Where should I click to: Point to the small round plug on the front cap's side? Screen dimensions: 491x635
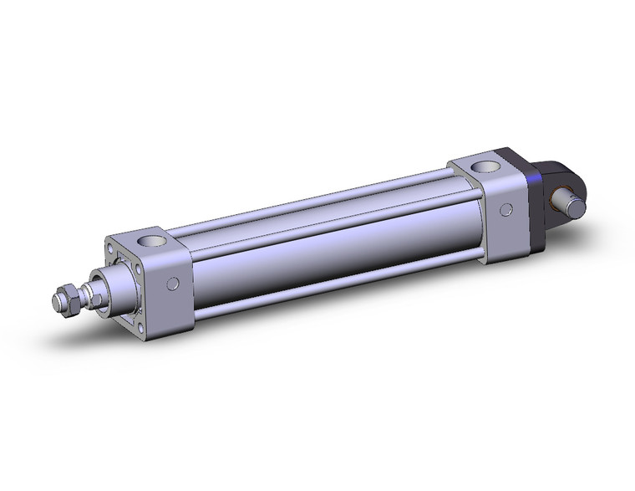click(x=173, y=284)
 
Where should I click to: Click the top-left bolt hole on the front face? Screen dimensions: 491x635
click(x=110, y=248)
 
